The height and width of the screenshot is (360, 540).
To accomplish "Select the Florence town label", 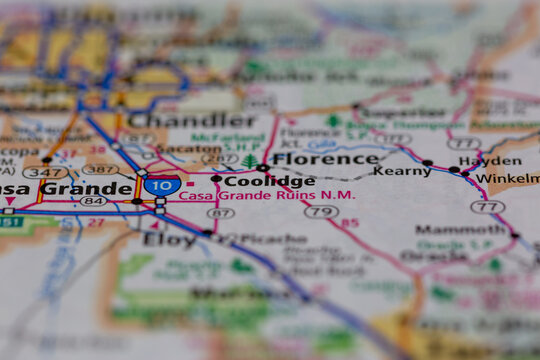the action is (325, 159).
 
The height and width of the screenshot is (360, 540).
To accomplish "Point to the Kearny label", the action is (402, 171).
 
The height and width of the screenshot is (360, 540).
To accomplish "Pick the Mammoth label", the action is (460, 229).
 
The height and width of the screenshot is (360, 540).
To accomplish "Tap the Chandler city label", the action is (193, 121).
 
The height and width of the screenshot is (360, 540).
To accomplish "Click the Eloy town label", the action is (169, 239).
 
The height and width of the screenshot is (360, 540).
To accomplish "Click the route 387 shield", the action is (100, 170).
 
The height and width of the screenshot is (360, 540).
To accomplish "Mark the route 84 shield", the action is (93, 201).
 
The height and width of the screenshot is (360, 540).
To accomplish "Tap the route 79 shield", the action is (321, 211).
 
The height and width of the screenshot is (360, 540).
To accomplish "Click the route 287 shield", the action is (220, 159).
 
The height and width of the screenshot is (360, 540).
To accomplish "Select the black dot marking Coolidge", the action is (216, 180).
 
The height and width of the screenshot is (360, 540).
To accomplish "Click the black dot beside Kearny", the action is (427, 163).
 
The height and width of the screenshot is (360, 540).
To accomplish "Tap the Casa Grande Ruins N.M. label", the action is (267, 196).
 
